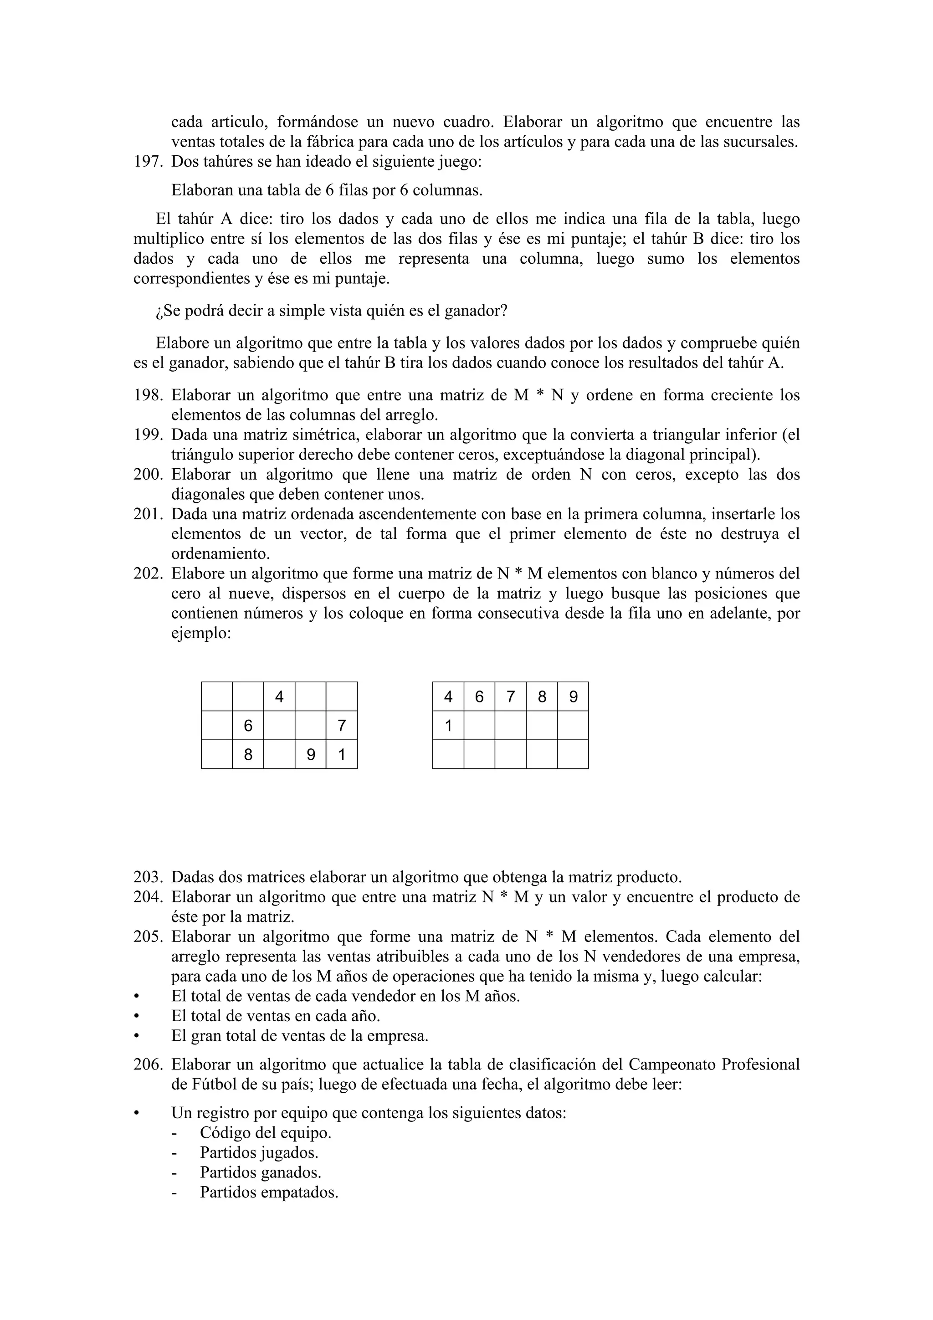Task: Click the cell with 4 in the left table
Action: [279, 697]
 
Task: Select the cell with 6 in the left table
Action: [248, 726]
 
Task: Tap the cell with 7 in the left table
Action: [342, 726]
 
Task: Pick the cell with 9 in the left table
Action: [310, 754]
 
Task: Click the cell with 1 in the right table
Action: [448, 726]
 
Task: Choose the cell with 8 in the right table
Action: [542, 697]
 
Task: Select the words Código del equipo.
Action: [266, 1133]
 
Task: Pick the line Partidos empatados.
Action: [269, 1192]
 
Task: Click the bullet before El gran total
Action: [136, 1036]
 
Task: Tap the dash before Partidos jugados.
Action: [175, 1153]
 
